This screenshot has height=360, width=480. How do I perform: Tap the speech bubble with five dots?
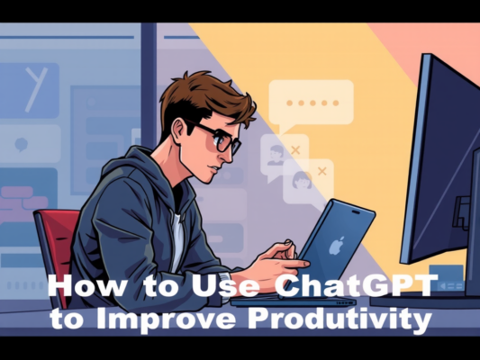pos(311,101)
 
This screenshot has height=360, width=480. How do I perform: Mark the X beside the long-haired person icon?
pos(321,169)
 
